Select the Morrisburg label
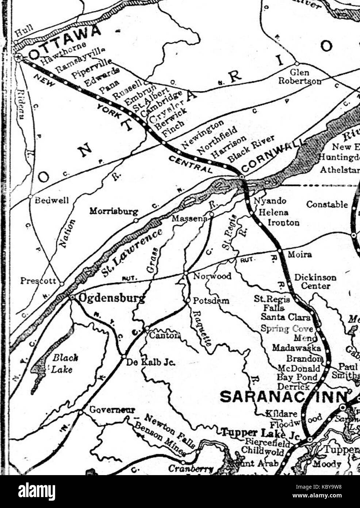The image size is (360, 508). [114, 212]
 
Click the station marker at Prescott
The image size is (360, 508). [62, 284]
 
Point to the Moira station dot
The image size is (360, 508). [280, 251]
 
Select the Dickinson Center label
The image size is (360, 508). [315, 281]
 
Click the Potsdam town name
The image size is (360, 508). [211, 301]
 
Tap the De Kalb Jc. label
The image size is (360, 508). [150, 363]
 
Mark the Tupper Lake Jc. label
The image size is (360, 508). [260, 434]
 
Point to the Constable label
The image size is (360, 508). [327, 204]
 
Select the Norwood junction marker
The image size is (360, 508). [185, 273]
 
